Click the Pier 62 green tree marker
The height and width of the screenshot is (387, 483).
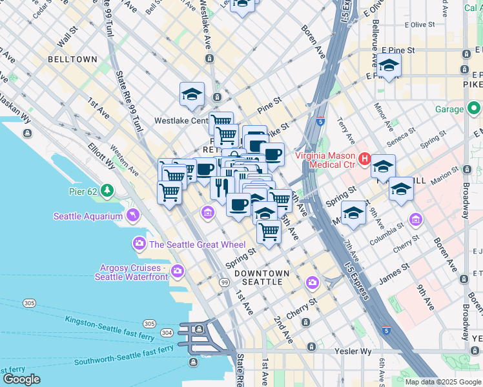[x=107, y=192]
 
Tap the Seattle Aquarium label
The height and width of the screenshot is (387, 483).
[x=88, y=216]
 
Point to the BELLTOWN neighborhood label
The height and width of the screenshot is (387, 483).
[x=72, y=59]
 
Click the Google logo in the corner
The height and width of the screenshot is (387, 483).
[x=21, y=379]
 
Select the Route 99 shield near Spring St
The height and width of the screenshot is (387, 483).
[x=224, y=283]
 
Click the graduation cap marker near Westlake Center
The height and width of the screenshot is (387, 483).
[x=192, y=94]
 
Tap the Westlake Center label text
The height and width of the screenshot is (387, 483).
[x=181, y=121]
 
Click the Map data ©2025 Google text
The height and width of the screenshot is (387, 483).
[x=443, y=382]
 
